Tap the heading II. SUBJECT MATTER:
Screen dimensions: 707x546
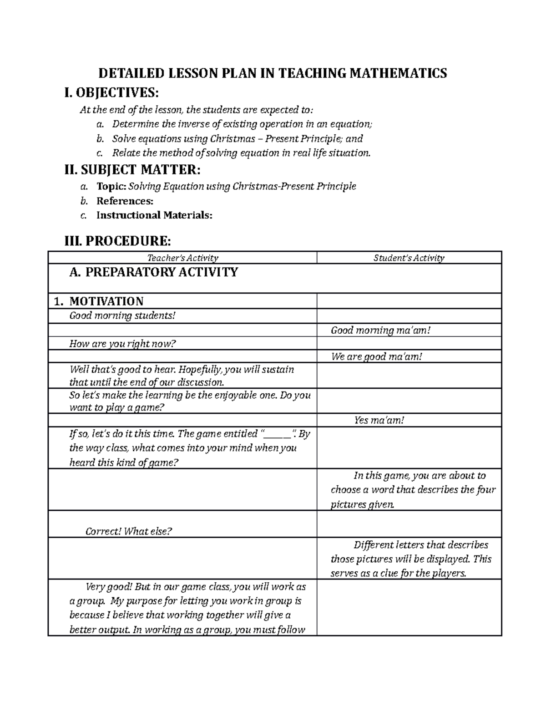(132, 170)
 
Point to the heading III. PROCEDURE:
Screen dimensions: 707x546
(118, 240)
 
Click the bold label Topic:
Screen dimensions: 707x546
(111, 186)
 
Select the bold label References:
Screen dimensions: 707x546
(125, 201)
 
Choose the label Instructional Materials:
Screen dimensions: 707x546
(154, 215)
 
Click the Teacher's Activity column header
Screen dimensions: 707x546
(182, 258)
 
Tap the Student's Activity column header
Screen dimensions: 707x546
(409, 258)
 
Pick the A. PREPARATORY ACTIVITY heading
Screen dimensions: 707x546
(153, 272)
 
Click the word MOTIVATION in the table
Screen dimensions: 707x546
(106, 301)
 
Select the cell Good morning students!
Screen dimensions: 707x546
(121, 315)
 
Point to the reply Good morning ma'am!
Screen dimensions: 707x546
(380, 330)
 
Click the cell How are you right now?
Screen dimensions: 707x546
(122, 344)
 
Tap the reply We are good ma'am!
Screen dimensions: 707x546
(377, 357)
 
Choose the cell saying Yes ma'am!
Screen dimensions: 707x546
(379, 420)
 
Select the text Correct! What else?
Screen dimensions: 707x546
(129, 531)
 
